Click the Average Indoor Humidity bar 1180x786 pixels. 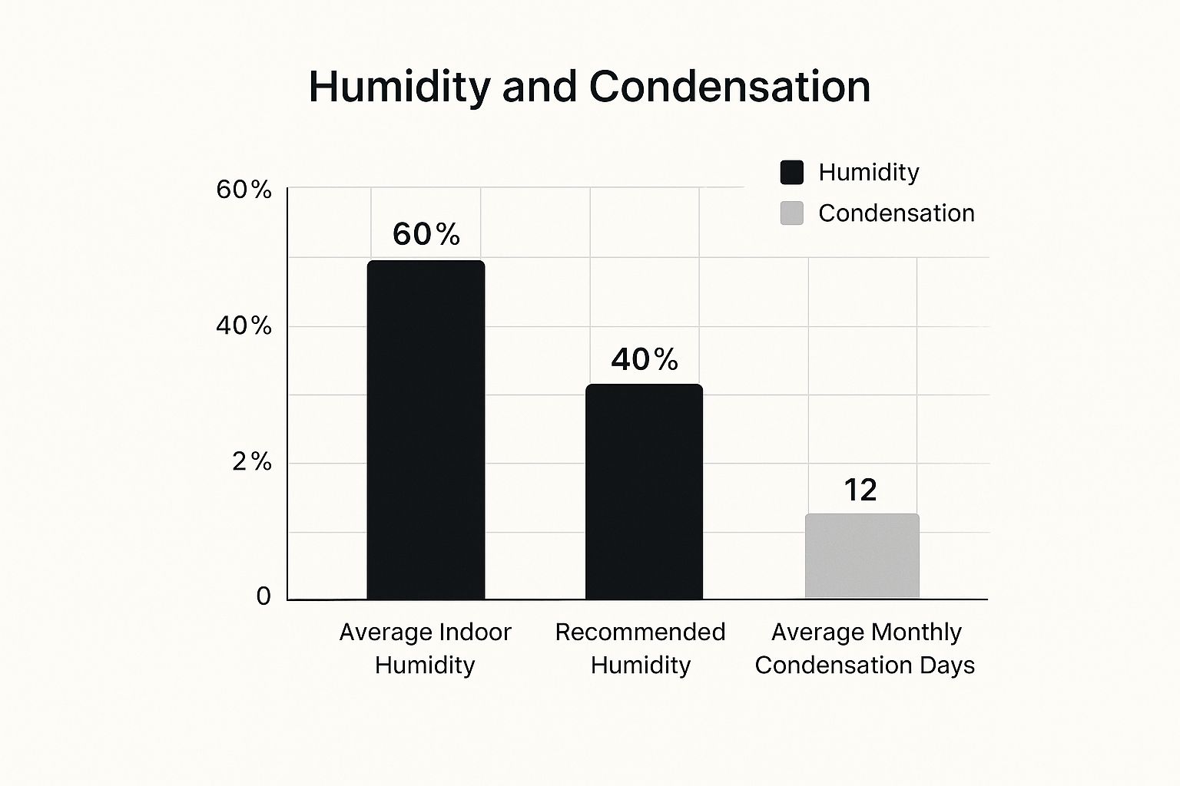[426, 430]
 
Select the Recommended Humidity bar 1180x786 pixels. [644, 491]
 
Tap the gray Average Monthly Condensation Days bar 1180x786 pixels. [862, 556]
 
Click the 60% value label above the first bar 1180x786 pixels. [426, 234]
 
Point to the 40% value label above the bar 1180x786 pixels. [645, 359]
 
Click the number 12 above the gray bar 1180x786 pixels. [860, 490]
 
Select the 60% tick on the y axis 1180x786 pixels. [244, 189]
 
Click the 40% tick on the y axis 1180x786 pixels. [244, 325]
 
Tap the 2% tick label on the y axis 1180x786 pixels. [251, 461]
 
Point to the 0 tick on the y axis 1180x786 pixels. [264, 596]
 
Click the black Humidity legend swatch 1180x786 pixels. [791, 172]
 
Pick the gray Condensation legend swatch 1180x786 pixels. [791, 213]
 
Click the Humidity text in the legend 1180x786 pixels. [868, 172]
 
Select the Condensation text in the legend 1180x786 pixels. [896, 213]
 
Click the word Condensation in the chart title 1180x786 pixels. [730, 86]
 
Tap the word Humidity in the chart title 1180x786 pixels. [399, 86]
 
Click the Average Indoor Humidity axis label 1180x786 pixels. [425, 648]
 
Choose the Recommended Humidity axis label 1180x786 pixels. [640, 648]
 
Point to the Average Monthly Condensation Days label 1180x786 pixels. [865, 648]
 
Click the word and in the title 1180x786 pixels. [539, 86]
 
